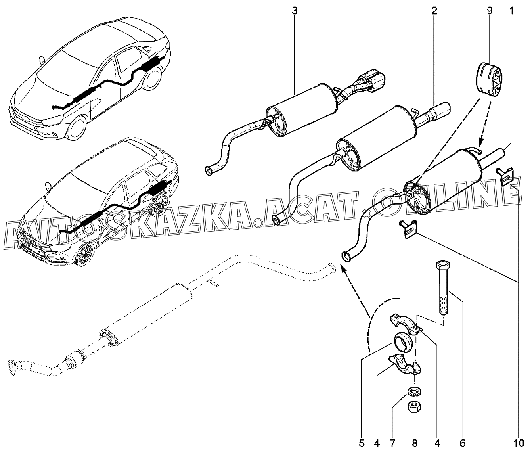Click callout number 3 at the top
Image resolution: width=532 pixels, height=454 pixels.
(294, 10)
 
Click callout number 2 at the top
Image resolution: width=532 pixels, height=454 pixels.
(434, 10)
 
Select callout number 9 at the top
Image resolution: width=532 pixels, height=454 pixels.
(490, 10)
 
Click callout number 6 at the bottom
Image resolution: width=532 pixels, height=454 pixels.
(463, 443)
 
